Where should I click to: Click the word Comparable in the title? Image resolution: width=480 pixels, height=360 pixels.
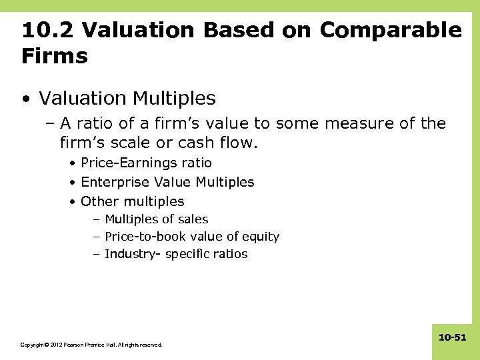tap(391, 30)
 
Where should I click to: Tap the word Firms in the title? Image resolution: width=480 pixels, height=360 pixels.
tap(55, 56)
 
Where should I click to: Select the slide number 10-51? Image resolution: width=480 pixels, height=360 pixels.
tap(452, 339)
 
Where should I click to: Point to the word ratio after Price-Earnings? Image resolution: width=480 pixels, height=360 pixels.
tap(197, 163)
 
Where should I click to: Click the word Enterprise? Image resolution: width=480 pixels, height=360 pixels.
tap(115, 182)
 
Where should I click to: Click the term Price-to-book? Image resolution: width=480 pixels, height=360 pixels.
tap(145, 237)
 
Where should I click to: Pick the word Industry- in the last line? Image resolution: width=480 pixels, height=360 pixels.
tap(132, 254)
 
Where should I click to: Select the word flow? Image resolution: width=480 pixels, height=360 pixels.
tap(241, 143)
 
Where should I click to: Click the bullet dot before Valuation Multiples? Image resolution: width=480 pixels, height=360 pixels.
tap(25, 99)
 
